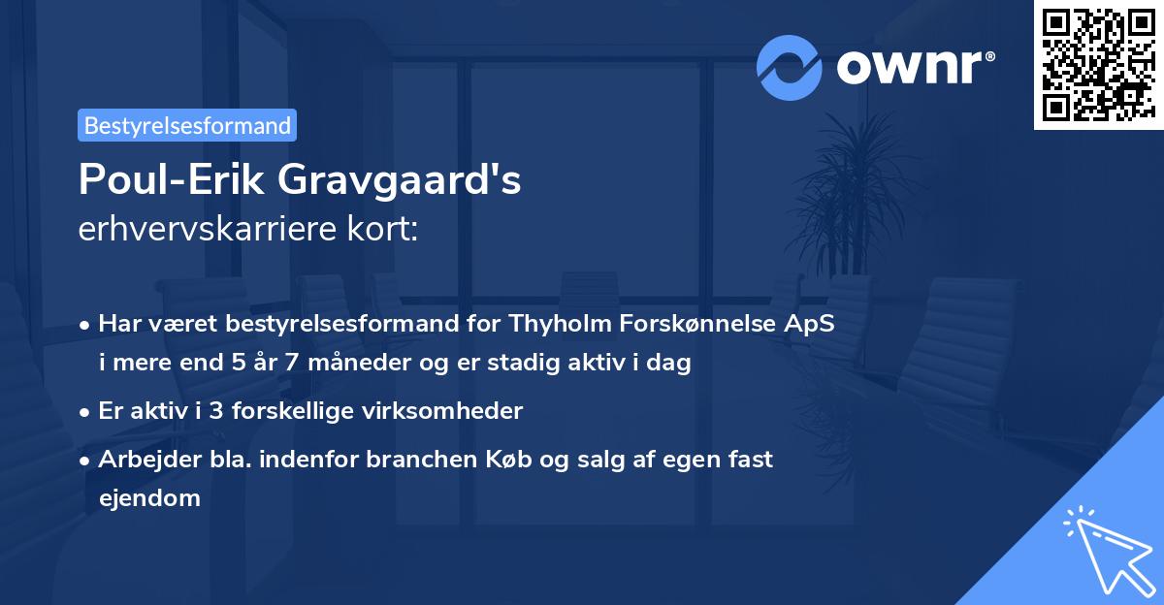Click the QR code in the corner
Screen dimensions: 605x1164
[1098, 64]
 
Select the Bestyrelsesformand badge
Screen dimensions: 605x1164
[187, 125]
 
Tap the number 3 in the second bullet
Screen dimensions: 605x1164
[205, 411]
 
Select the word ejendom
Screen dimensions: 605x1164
[149, 498]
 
